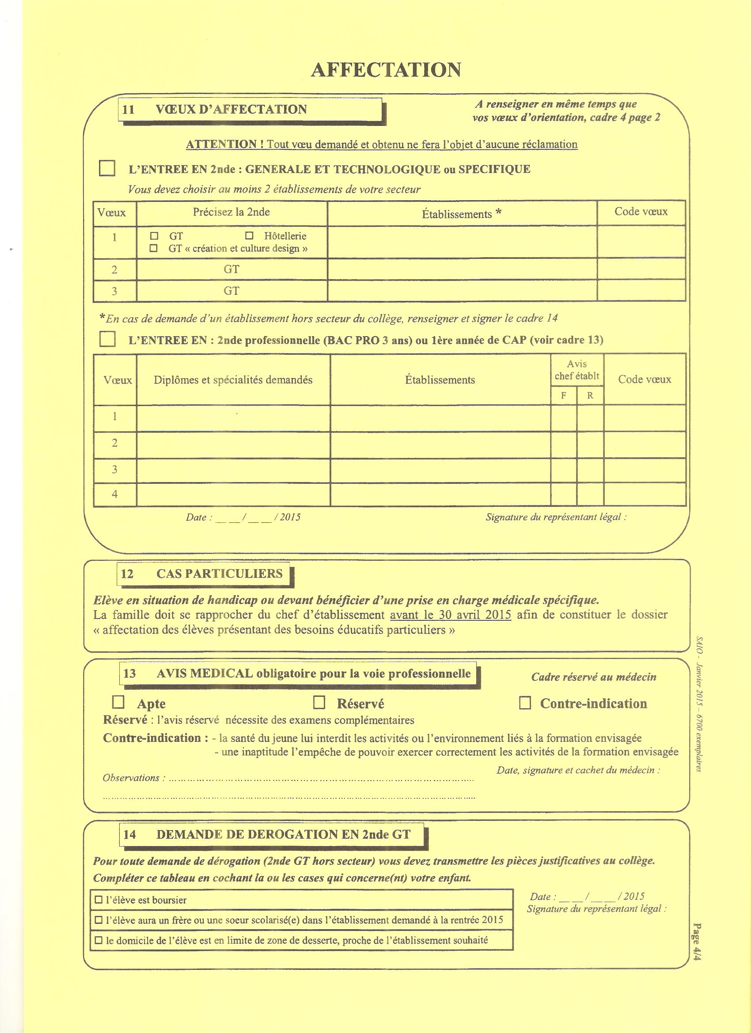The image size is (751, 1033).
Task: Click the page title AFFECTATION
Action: point(386,70)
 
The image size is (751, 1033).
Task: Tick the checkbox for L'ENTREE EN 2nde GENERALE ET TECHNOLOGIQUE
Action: point(107,168)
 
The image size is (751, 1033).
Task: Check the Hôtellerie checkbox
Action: point(249,236)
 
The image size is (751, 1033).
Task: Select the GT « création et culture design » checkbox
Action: point(154,248)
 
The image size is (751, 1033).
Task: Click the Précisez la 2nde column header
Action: point(231,212)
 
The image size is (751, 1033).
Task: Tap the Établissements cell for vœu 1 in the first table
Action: point(462,242)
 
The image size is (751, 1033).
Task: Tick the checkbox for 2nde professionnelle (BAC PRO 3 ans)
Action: point(107,339)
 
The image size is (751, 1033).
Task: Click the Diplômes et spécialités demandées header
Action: point(233,380)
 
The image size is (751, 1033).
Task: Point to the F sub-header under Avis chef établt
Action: point(563,395)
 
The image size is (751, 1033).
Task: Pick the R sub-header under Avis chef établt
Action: point(590,395)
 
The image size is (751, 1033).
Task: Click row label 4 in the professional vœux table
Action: point(115,494)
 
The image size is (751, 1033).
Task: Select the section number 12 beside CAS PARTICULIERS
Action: point(128,574)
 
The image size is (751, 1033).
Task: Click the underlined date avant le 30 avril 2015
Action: point(451,615)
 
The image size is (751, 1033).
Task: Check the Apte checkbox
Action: point(118,703)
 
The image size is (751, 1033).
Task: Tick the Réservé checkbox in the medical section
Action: point(319,703)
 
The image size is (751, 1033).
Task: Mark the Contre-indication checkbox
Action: point(525,703)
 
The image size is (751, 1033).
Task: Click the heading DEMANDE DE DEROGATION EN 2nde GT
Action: point(283,835)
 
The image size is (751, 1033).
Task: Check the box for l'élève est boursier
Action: point(99,900)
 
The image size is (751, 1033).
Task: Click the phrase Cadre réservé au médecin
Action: point(594,677)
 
